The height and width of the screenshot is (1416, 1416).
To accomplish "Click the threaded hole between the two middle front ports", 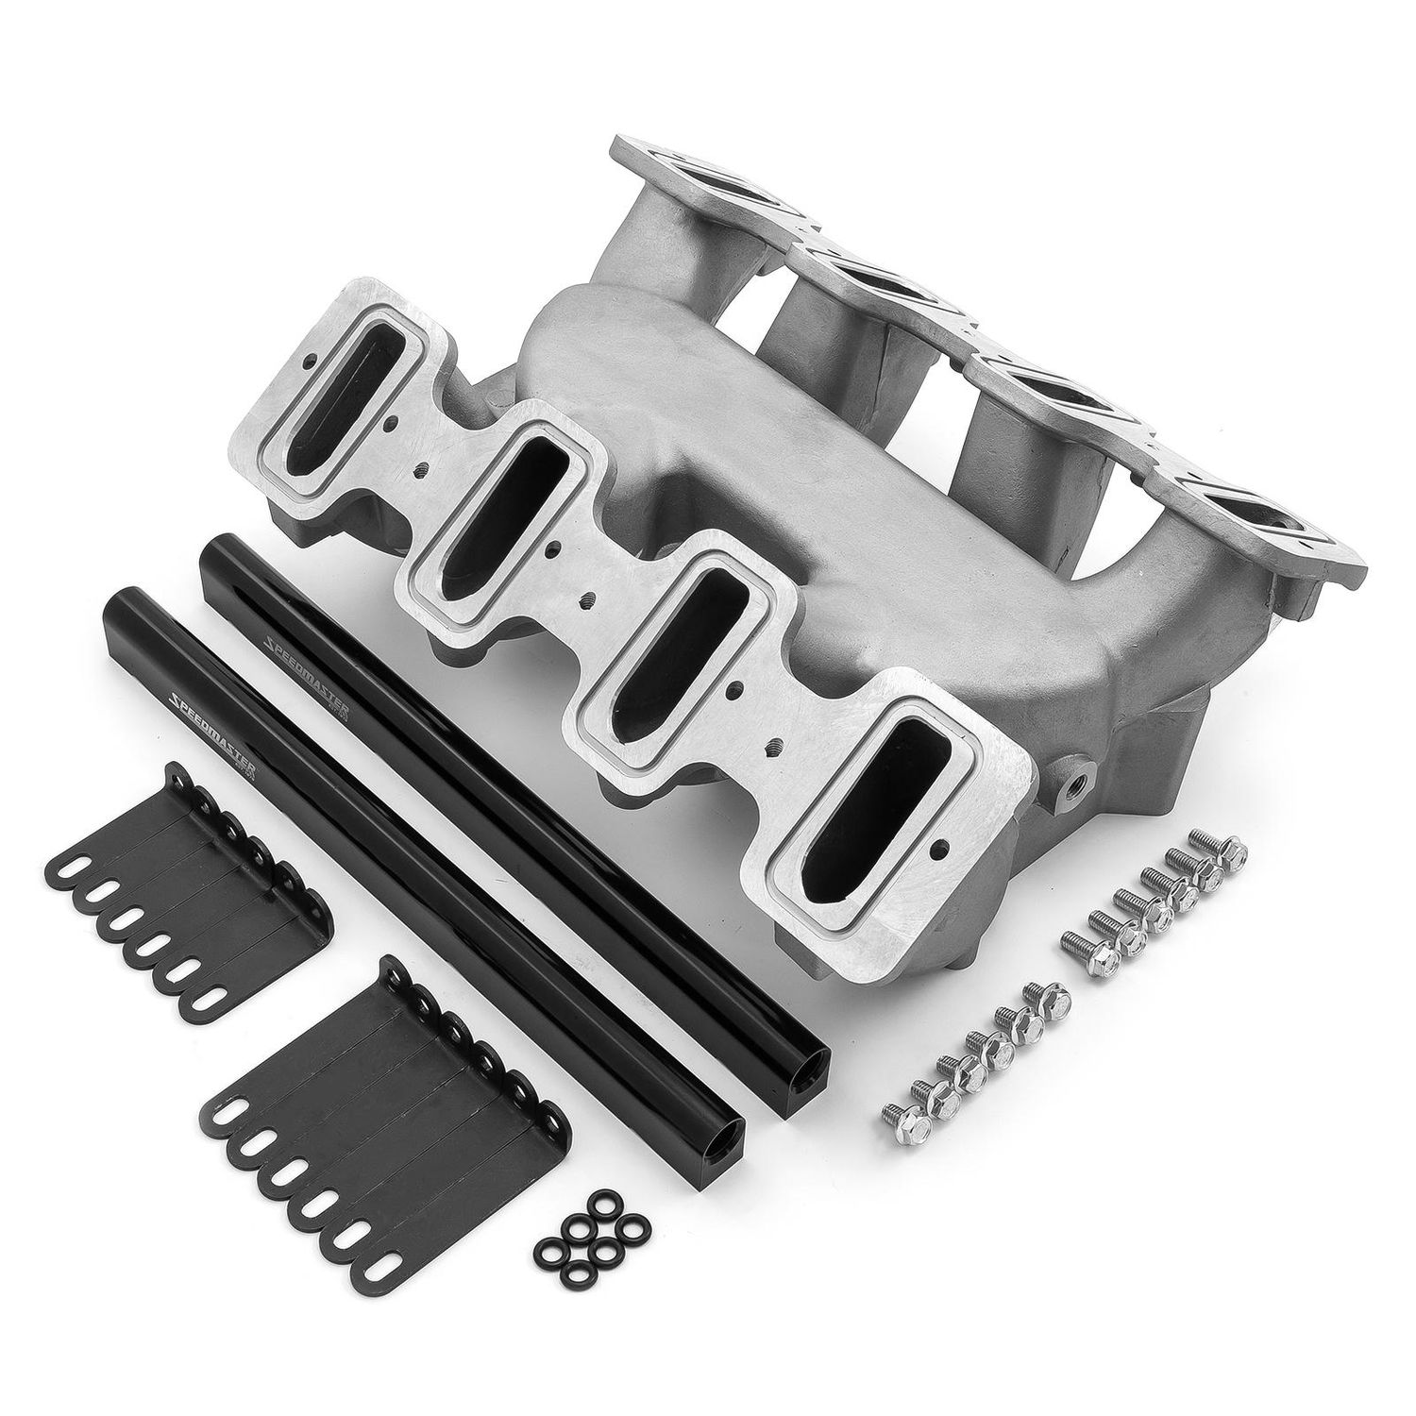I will pyautogui.click(x=588, y=597).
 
